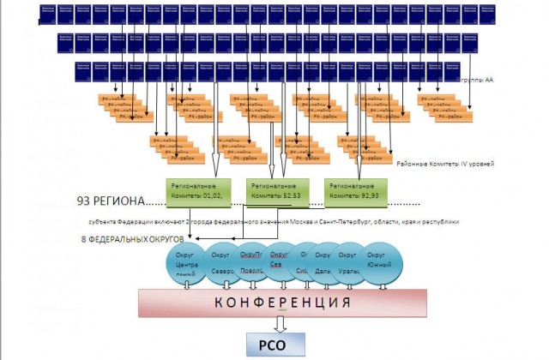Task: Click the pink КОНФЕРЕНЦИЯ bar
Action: pos(282,303)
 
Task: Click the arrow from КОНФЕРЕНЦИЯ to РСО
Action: pos(281,324)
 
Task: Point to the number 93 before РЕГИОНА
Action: pos(85,202)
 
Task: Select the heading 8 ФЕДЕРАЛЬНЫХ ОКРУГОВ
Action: pos(132,237)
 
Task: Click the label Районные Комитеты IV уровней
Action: pos(446,162)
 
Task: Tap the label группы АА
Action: pos(476,80)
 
